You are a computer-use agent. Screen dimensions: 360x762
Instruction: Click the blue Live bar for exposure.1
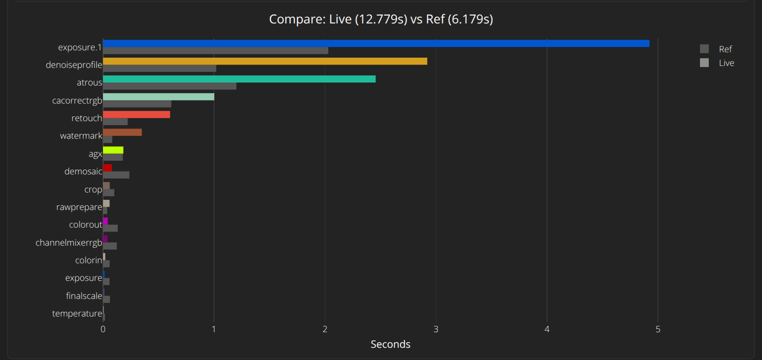(x=376, y=43)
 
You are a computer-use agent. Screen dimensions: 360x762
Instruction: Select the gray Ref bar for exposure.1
(x=215, y=50)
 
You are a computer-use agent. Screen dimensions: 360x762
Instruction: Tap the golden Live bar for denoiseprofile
(x=265, y=61)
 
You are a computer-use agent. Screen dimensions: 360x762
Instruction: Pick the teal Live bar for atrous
(x=239, y=79)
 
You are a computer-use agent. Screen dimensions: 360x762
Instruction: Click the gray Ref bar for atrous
(x=169, y=86)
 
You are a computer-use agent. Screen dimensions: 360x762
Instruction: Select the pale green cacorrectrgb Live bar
(x=158, y=97)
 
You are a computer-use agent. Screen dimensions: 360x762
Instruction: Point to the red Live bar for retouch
(x=136, y=114)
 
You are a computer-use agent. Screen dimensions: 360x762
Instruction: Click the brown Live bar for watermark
(x=122, y=132)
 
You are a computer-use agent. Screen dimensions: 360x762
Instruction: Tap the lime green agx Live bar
(x=113, y=150)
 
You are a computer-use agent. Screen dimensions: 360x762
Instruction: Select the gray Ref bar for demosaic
(x=116, y=175)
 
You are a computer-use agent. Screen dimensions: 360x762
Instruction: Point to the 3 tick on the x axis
(x=436, y=329)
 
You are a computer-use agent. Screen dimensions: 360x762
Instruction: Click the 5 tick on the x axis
(x=658, y=329)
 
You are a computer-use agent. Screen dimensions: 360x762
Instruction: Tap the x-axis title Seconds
(x=390, y=344)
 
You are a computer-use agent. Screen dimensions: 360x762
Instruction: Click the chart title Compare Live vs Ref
(x=381, y=20)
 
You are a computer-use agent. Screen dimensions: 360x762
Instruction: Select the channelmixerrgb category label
(x=69, y=243)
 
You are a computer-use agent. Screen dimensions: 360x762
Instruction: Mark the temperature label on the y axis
(x=77, y=314)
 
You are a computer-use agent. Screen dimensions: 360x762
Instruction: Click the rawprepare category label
(x=79, y=207)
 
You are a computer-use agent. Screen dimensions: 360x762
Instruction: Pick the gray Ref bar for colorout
(x=110, y=228)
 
